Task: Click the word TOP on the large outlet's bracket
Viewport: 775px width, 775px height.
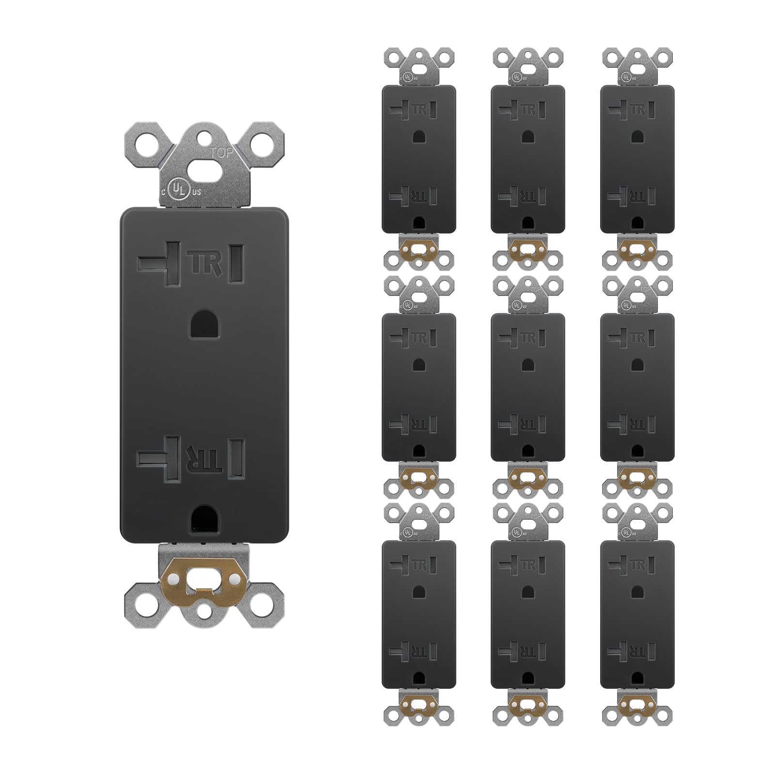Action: [221, 153]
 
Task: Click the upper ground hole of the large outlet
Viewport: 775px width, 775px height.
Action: [204, 324]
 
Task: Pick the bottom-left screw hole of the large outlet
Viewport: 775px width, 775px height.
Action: [144, 605]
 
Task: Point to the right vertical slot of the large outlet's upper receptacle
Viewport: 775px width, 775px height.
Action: [236, 263]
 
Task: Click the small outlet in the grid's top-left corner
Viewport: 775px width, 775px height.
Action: [419, 159]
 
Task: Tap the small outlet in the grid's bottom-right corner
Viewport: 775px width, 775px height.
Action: [637, 614]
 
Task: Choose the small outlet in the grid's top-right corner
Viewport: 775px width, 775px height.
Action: [637, 159]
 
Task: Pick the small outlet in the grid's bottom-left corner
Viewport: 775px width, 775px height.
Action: [419, 614]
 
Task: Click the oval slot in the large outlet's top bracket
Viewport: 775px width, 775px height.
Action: [203, 170]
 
